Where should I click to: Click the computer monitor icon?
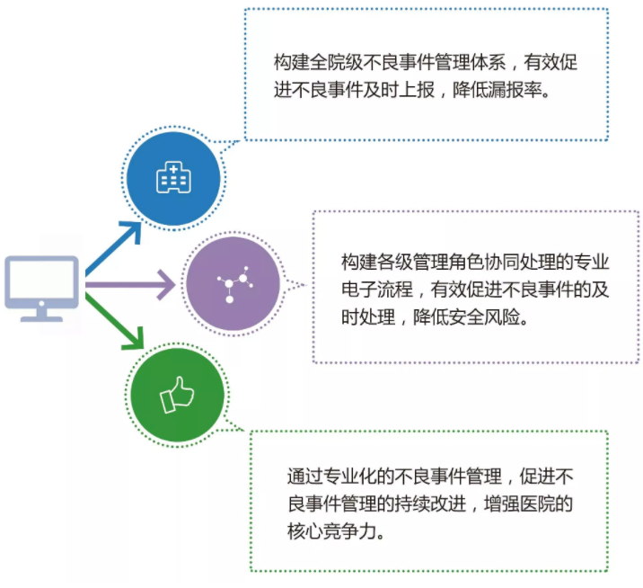41,289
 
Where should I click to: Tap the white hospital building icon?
174,177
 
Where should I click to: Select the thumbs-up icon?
177,395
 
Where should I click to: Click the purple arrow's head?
167,284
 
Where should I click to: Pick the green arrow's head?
134,339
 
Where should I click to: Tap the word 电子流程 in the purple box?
377,290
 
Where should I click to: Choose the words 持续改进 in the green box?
430,503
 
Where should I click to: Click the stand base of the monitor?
41,318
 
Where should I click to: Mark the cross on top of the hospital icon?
174,168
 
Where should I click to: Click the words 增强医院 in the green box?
520,503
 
